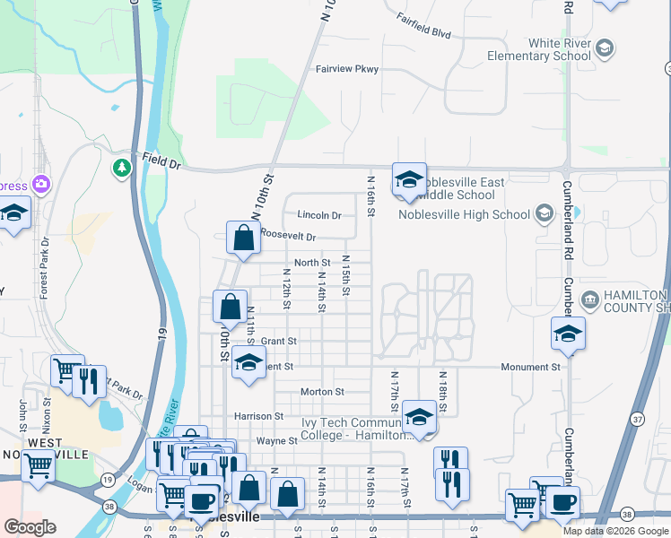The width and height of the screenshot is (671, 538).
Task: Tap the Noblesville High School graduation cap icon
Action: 543,214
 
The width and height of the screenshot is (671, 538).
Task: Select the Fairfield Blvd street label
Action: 422,32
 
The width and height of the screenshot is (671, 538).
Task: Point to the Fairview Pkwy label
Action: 346,69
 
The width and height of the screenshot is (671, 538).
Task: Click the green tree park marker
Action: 121,168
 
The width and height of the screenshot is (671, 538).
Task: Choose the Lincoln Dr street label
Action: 319,215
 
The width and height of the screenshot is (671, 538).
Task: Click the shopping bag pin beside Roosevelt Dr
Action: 243,239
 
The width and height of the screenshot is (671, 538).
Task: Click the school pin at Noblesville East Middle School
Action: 408,180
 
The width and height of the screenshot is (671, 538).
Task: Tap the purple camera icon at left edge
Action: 40,185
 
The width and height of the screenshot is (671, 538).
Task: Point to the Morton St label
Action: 322,392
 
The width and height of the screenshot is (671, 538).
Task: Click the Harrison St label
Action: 258,416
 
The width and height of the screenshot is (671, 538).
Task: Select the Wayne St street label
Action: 277,441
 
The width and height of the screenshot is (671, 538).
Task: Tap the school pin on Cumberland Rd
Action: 568,334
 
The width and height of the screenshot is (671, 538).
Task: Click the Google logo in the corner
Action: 30,527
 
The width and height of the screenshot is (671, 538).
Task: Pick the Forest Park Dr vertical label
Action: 44,268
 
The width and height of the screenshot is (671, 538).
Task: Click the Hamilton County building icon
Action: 589,299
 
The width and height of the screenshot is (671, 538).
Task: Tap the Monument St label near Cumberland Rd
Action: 533,367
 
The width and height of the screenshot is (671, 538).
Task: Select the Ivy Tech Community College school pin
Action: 418,417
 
